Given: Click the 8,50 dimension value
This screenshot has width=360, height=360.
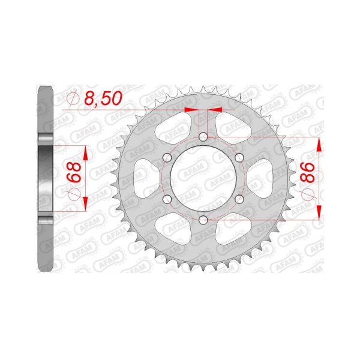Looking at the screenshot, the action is [x=103, y=98].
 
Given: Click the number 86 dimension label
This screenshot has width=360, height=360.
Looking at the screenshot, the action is [x=308, y=172].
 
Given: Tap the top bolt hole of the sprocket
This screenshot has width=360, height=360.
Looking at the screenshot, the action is [x=203, y=137].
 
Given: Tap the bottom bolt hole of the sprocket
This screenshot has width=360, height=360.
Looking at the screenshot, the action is [x=203, y=221].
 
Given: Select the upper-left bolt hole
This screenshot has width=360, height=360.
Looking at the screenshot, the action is [x=167, y=158].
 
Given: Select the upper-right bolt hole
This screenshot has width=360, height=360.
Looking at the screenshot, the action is [x=239, y=158].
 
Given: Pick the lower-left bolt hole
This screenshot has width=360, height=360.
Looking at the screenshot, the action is [x=167, y=199].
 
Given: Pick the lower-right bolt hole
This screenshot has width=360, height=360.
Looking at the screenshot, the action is [x=239, y=199].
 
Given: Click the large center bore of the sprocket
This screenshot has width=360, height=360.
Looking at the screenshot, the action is [x=203, y=179].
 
